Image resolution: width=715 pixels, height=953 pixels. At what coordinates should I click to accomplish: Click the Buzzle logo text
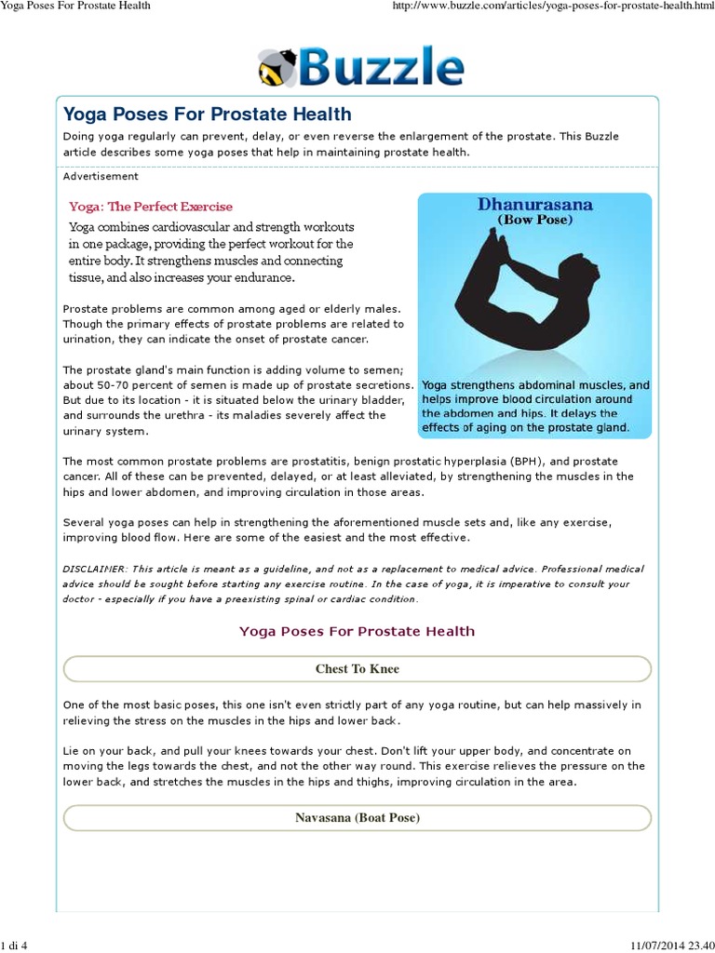click(383, 67)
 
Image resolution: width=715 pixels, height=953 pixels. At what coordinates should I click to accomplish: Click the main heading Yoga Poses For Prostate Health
click(207, 114)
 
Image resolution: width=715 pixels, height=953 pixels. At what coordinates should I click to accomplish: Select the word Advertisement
click(101, 176)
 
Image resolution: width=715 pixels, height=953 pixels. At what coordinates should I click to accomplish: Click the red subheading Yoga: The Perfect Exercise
click(151, 207)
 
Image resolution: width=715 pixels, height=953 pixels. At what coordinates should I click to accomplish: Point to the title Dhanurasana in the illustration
click(534, 205)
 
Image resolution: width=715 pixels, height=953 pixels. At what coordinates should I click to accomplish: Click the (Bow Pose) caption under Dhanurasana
click(534, 221)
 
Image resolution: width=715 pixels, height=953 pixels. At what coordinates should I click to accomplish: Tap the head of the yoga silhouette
click(583, 271)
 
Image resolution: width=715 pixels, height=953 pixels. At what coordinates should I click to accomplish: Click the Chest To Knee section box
click(357, 668)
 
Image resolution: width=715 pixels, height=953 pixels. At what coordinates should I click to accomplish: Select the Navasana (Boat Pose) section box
click(357, 818)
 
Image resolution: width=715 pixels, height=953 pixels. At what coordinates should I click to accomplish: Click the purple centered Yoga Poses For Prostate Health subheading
click(357, 631)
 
